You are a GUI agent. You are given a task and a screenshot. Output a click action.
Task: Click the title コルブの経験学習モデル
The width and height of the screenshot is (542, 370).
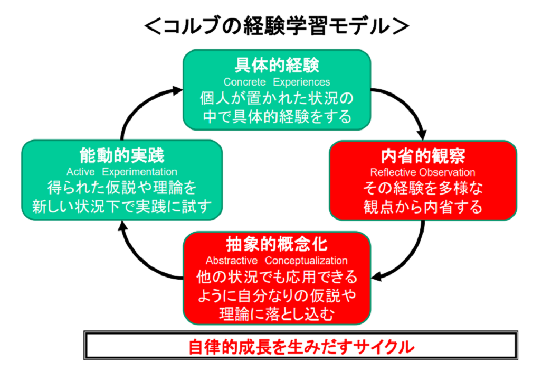tap(277, 26)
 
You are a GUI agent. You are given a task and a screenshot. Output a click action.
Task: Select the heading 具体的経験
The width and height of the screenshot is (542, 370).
tap(277, 65)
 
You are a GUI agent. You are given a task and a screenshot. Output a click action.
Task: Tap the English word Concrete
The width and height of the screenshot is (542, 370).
tap(244, 82)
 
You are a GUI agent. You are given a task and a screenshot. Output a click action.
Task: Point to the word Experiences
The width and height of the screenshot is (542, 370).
tap(301, 82)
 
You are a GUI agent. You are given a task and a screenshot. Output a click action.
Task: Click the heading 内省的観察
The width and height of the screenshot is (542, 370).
tap(423, 156)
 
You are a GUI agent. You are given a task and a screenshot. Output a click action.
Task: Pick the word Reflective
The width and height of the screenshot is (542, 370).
tap(393, 172)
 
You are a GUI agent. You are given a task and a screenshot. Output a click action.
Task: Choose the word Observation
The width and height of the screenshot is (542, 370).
tap(446, 172)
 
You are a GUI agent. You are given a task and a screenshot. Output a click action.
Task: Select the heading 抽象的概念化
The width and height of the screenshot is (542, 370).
tap(277, 244)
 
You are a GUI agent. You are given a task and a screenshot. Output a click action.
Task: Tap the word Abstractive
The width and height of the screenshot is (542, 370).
tap(232, 260)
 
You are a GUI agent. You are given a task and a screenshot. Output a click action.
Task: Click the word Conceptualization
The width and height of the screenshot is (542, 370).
tap(306, 261)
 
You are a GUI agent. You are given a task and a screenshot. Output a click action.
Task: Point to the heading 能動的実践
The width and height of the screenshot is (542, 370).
tap(122, 155)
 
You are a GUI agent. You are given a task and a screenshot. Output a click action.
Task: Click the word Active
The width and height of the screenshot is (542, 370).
tap(81, 172)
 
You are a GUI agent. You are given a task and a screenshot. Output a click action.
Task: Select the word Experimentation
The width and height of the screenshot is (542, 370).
tap(140, 172)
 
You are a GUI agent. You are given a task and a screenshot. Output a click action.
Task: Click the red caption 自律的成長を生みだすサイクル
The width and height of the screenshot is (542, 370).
tap(301, 347)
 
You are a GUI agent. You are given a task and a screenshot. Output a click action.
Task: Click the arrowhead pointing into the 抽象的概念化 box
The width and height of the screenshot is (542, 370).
tap(376, 276)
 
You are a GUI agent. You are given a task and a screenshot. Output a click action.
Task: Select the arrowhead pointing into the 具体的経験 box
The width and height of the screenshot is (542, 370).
tap(177, 91)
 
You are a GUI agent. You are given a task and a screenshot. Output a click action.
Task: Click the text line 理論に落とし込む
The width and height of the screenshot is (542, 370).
tap(277, 314)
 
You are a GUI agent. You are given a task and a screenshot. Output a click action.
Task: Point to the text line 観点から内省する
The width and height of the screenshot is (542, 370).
tap(423, 207)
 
